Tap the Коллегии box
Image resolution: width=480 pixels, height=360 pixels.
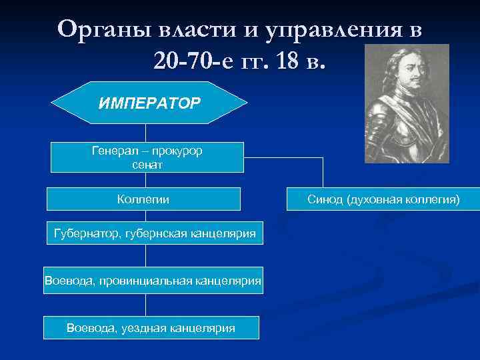click(x=143, y=199)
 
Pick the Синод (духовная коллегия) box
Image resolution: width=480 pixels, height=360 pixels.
click(x=383, y=199)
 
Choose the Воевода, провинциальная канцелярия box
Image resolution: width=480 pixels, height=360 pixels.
click(x=153, y=281)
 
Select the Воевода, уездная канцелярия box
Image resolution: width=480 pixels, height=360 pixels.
click(x=151, y=327)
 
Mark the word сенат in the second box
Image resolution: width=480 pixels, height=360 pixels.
click(x=147, y=164)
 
